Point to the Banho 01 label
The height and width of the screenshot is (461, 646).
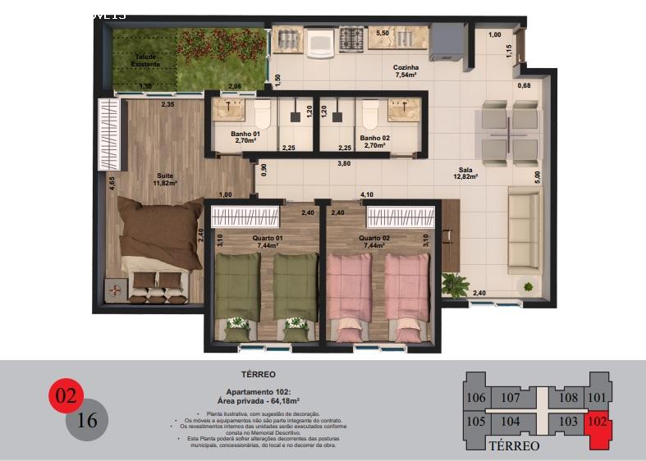click(245, 137)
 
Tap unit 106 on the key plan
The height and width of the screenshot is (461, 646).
click(475, 398)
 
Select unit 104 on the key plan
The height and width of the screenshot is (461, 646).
click(510, 422)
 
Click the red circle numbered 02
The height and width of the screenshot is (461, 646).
click(66, 396)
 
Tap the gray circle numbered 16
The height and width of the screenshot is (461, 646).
click(86, 421)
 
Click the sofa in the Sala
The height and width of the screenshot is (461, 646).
click(524, 230)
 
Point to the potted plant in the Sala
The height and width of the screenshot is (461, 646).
click(455, 285)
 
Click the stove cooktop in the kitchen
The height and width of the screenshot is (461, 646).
click(351, 38)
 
